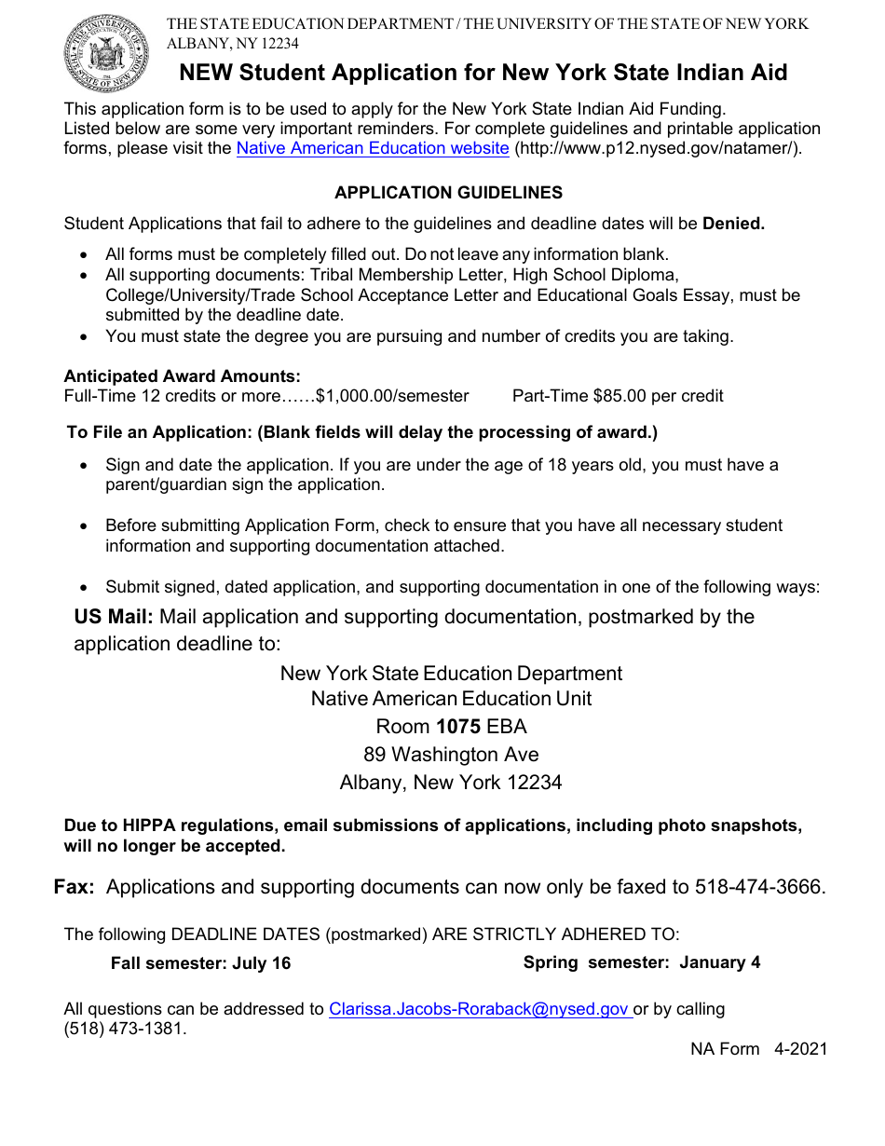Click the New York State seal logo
tap(106, 53)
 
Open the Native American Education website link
tap(373, 148)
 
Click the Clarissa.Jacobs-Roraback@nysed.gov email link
tap(479, 1009)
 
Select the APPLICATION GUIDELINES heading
tap(448, 193)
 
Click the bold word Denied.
tap(733, 224)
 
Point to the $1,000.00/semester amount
tap(392, 396)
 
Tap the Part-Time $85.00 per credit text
tap(618, 396)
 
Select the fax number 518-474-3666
tap(758, 887)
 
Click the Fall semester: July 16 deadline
tap(200, 963)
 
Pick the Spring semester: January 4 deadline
tap(641, 962)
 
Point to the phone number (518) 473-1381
tap(125, 1030)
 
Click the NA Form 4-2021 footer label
tap(758, 1049)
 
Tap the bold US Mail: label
tap(114, 617)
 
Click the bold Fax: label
tap(75, 887)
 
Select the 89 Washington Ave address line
tap(451, 755)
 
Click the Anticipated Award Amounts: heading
tap(182, 376)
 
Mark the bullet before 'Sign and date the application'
tap(86, 465)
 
